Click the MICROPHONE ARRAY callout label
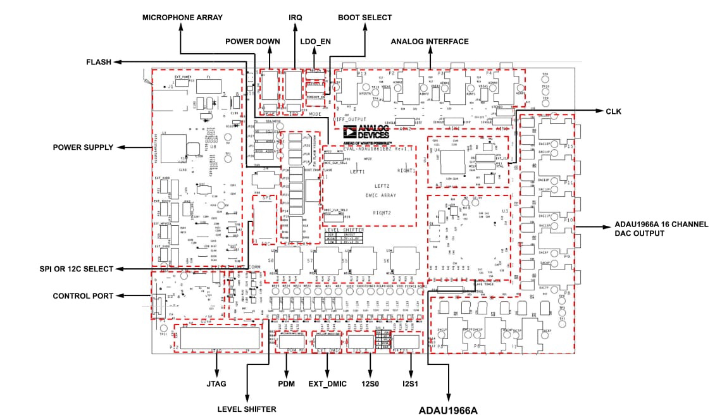click(x=182, y=18)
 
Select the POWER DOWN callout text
click(x=252, y=42)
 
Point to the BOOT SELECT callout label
click(x=364, y=18)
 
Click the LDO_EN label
click(x=316, y=42)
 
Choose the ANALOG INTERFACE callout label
click(x=430, y=42)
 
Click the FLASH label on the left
click(x=99, y=62)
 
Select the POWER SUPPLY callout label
click(x=84, y=147)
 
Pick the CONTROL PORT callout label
click(x=83, y=295)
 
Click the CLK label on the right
click(x=614, y=112)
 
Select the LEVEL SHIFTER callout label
click(x=247, y=409)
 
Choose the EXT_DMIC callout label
click(x=327, y=383)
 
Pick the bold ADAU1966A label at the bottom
click(x=448, y=411)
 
